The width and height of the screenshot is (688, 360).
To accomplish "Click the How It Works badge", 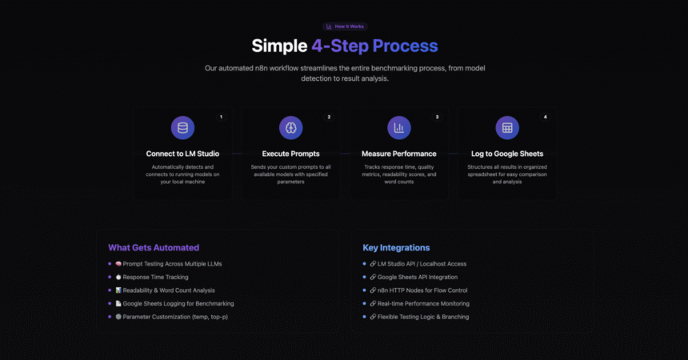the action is pyautogui.click(x=345, y=26).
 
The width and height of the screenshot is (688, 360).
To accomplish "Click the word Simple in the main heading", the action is pyautogui.click(x=279, y=46).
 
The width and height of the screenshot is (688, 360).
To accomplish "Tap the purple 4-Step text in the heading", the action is pyautogui.click(x=340, y=46).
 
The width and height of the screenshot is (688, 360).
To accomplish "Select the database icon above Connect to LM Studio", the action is pyautogui.click(x=182, y=128).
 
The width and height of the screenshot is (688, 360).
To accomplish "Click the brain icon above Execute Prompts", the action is pyautogui.click(x=291, y=128).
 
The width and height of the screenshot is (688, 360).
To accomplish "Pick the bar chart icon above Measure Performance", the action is pyautogui.click(x=399, y=128).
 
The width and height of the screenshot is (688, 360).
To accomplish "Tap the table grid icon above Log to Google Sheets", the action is pyautogui.click(x=507, y=128).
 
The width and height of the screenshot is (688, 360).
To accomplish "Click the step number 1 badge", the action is pyautogui.click(x=221, y=117).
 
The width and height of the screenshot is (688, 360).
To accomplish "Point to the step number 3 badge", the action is pyautogui.click(x=437, y=117).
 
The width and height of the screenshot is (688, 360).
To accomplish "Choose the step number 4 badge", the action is pyautogui.click(x=546, y=117).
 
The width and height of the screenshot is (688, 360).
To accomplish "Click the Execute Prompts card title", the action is pyautogui.click(x=291, y=154).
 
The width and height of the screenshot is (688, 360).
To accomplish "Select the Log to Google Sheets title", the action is pyautogui.click(x=507, y=154).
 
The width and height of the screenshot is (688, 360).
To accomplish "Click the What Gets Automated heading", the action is pyautogui.click(x=154, y=248).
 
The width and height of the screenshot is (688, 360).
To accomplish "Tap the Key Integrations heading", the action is pyautogui.click(x=396, y=248).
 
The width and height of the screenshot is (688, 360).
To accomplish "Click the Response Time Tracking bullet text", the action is pyautogui.click(x=155, y=277).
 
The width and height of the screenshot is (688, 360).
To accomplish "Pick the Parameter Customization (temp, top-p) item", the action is pyautogui.click(x=175, y=317).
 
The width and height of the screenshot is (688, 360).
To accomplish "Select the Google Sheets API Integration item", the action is pyautogui.click(x=418, y=277).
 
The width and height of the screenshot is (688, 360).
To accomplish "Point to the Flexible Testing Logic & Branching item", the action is pyautogui.click(x=423, y=317).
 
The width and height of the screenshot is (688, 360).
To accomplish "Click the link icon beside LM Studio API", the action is pyautogui.click(x=373, y=264).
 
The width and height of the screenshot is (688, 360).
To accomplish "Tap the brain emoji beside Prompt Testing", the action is pyautogui.click(x=118, y=264).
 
